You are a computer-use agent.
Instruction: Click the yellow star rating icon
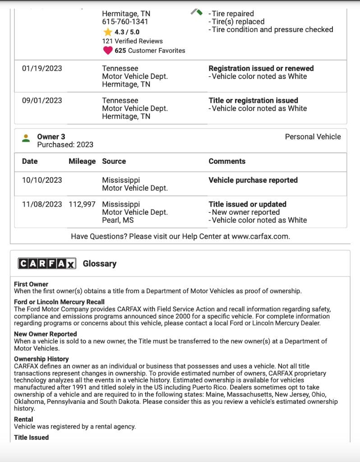108,32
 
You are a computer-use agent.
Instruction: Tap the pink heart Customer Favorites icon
108,51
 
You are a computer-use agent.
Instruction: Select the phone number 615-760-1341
125,22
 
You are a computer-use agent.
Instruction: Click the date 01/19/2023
42,69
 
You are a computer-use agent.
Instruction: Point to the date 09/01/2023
42,101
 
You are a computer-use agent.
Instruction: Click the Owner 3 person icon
26,139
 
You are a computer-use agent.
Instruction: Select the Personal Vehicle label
313,137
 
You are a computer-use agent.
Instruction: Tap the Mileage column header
82,162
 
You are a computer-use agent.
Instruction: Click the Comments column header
227,162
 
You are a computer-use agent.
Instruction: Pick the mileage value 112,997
82,204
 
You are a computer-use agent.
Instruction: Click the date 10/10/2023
42,180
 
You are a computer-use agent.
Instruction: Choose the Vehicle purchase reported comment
253,180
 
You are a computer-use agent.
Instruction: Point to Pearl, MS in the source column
118,221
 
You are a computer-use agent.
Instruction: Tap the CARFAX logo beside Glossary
47,264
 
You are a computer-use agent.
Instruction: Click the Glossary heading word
100,264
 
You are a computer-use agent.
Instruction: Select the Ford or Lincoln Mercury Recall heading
59,302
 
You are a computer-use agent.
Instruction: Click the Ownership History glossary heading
42,359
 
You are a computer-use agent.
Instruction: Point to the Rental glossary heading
23,420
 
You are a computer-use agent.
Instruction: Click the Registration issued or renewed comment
261,69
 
